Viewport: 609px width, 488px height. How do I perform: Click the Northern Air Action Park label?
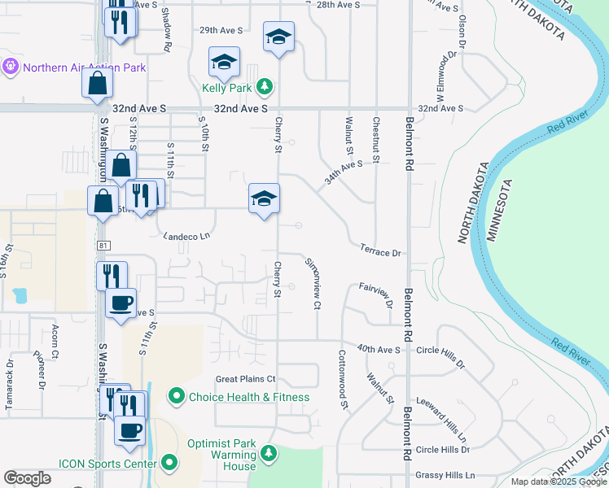[x=85, y=68]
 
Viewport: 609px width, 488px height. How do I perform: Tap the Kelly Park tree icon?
[x=264, y=85]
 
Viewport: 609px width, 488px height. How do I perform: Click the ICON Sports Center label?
[x=107, y=464]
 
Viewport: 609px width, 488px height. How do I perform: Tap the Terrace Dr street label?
[x=381, y=252]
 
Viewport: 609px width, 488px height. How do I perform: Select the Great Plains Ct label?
[x=245, y=379]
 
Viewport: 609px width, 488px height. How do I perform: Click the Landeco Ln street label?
[x=186, y=236]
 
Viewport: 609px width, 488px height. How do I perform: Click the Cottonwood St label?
[x=344, y=380]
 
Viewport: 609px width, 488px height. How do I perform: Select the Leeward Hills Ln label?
[x=445, y=414]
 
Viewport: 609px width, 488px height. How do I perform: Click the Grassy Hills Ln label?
[x=445, y=475]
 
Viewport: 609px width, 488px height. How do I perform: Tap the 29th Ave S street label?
[x=221, y=30]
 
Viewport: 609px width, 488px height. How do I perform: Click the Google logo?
[x=27, y=478]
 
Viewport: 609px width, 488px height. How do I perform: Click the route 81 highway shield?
[x=101, y=245]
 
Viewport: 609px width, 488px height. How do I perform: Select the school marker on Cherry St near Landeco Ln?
[x=264, y=199]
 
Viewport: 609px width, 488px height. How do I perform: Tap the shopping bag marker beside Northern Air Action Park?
[x=97, y=83]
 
